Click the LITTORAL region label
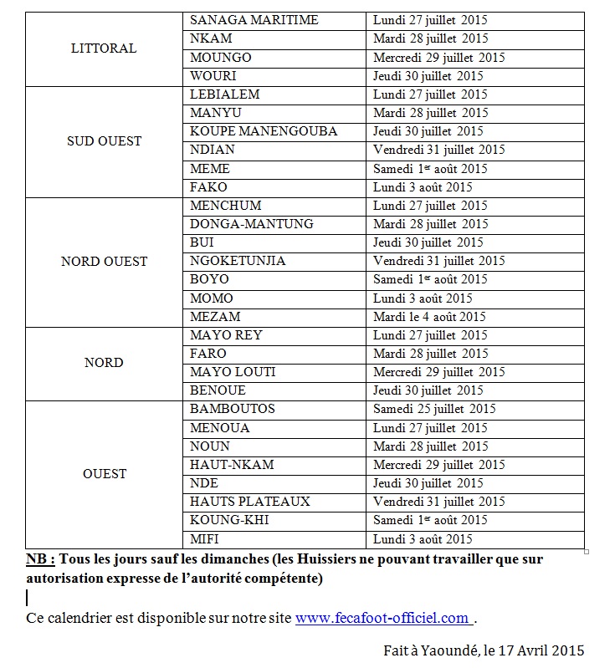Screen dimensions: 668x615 (x=104, y=48)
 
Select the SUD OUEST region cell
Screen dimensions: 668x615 (x=104, y=141)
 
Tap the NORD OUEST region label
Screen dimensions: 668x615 (x=104, y=262)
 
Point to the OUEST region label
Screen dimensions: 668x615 (x=104, y=474)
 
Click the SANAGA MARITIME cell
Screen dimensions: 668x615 (x=254, y=20)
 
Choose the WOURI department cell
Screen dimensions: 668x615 (x=213, y=76)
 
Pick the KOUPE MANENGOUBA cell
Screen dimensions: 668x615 (x=264, y=131)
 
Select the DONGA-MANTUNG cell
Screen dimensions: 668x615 (x=252, y=224)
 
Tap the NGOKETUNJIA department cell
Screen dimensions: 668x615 (x=238, y=261)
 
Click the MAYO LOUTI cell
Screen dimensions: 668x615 (x=233, y=372)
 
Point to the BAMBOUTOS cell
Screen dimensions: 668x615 (x=233, y=409)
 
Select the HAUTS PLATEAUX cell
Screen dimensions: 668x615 (x=250, y=502)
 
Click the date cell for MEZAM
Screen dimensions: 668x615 (x=429, y=317)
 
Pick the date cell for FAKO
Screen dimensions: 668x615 (x=423, y=187)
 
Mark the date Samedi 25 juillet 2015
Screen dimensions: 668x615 (x=434, y=409)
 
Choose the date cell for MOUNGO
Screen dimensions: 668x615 (x=439, y=58)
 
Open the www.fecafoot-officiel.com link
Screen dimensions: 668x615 (x=382, y=619)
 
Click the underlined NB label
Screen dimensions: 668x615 (x=40, y=559)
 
